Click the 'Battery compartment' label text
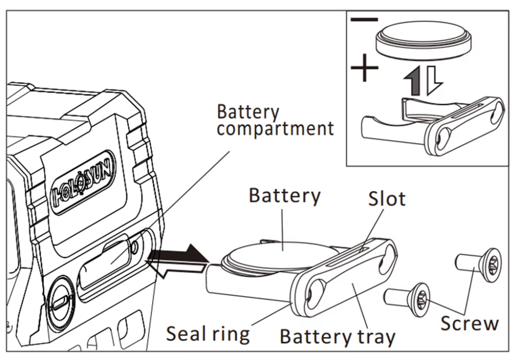pyautogui.click(x=275, y=121)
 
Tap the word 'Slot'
pyautogui.click(x=386, y=198)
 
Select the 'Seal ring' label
pyautogui.click(x=208, y=333)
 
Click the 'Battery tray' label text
pyautogui.click(x=337, y=336)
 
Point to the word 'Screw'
pyautogui.click(x=469, y=323)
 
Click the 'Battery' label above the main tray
pyautogui.click(x=284, y=195)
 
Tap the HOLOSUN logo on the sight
pyautogui.click(x=84, y=182)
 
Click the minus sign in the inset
pyautogui.click(x=364, y=20)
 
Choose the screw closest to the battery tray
pyautogui.click(x=409, y=299)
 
